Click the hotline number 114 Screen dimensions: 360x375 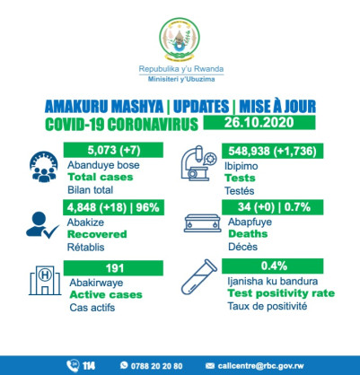click(x=88, y=365)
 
